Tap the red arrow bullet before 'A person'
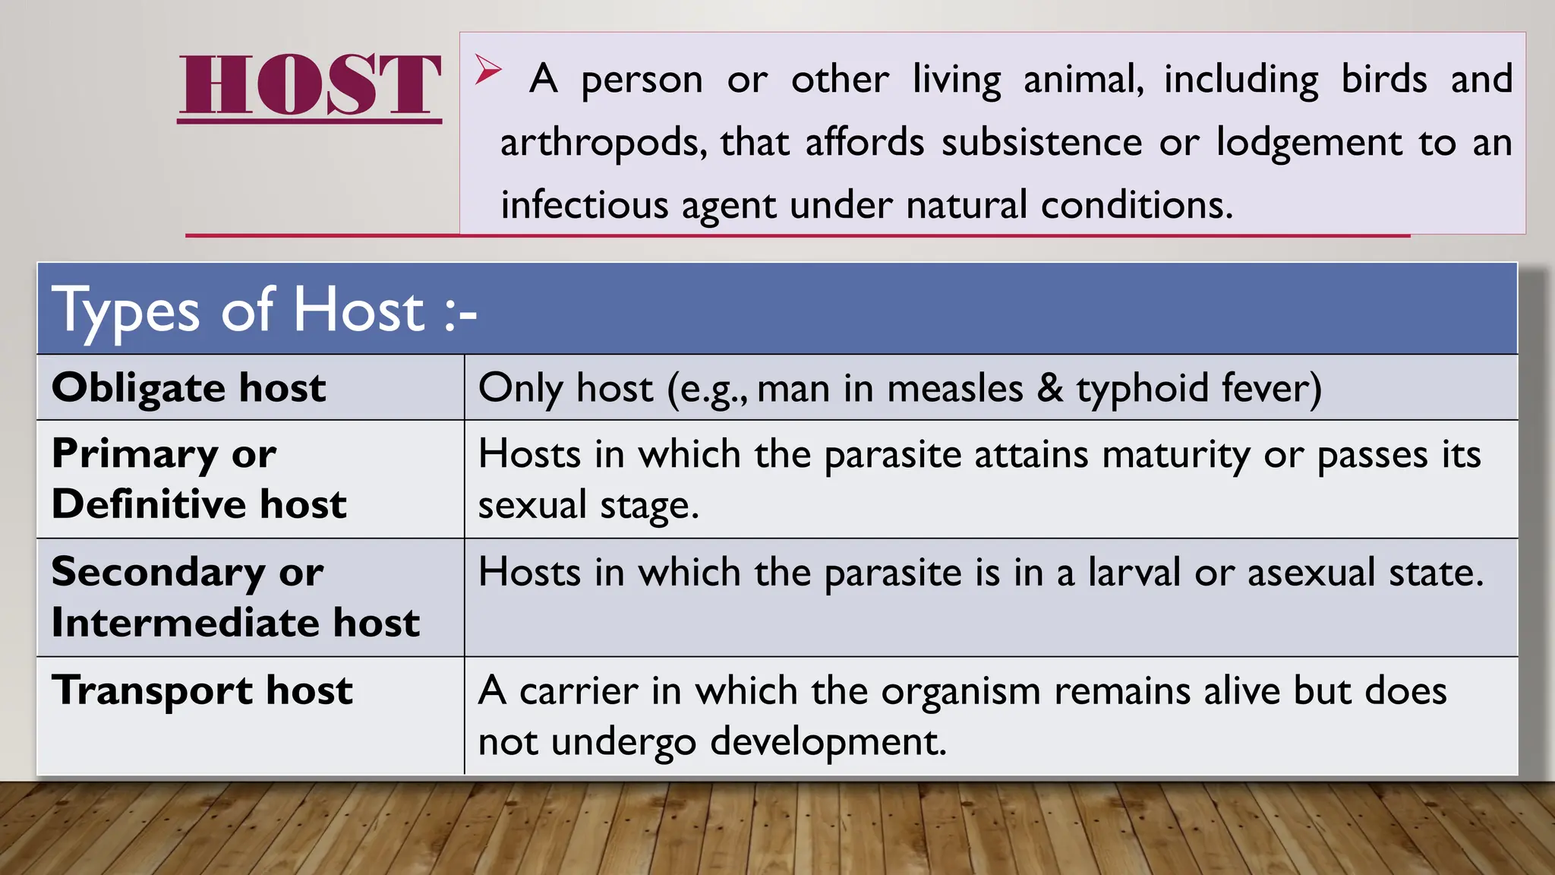point(488,70)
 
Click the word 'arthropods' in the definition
point(603,143)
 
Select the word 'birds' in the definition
point(1384,79)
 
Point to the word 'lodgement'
point(1309,143)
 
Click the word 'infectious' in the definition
point(584,205)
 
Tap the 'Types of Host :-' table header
point(264,310)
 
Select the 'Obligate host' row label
point(188,387)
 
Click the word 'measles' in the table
point(955,388)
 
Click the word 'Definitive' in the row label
point(148,504)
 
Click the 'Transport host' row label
point(202,690)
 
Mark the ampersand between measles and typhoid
point(1050,388)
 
